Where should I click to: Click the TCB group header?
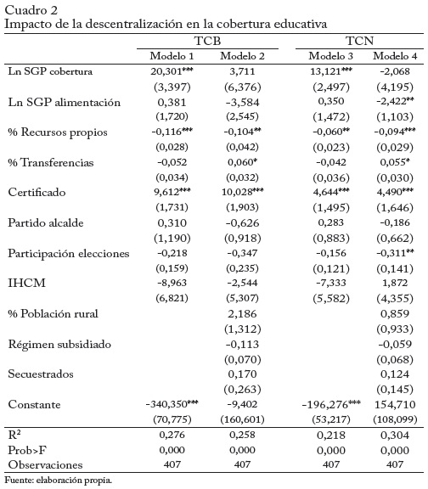[x=207, y=41]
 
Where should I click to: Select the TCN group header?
[x=359, y=41]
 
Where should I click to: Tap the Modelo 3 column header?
[x=330, y=56]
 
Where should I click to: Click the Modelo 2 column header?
[x=242, y=56]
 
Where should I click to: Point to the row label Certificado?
[x=37, y=192]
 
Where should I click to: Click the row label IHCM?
[x=27, y=283]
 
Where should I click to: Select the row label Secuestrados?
[x=41, y=374]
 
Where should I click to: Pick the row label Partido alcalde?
[x=46, y=222]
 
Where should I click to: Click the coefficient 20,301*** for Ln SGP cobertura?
[x=172, y=71]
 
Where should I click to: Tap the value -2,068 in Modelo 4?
[x=395, y=71]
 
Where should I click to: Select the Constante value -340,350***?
[x=172, y=404]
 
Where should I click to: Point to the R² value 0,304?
[x=395, y=435]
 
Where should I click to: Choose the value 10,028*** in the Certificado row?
[x=242, y=192]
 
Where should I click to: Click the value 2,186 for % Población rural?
[x=242, y=314]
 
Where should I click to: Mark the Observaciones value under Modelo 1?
[x=172, y=464]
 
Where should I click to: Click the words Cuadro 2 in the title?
[x=31, y=10]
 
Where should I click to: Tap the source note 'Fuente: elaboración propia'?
[x=59, y=480]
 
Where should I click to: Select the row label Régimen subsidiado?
[x=59, y=345]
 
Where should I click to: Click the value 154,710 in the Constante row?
[x=395, y=404]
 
